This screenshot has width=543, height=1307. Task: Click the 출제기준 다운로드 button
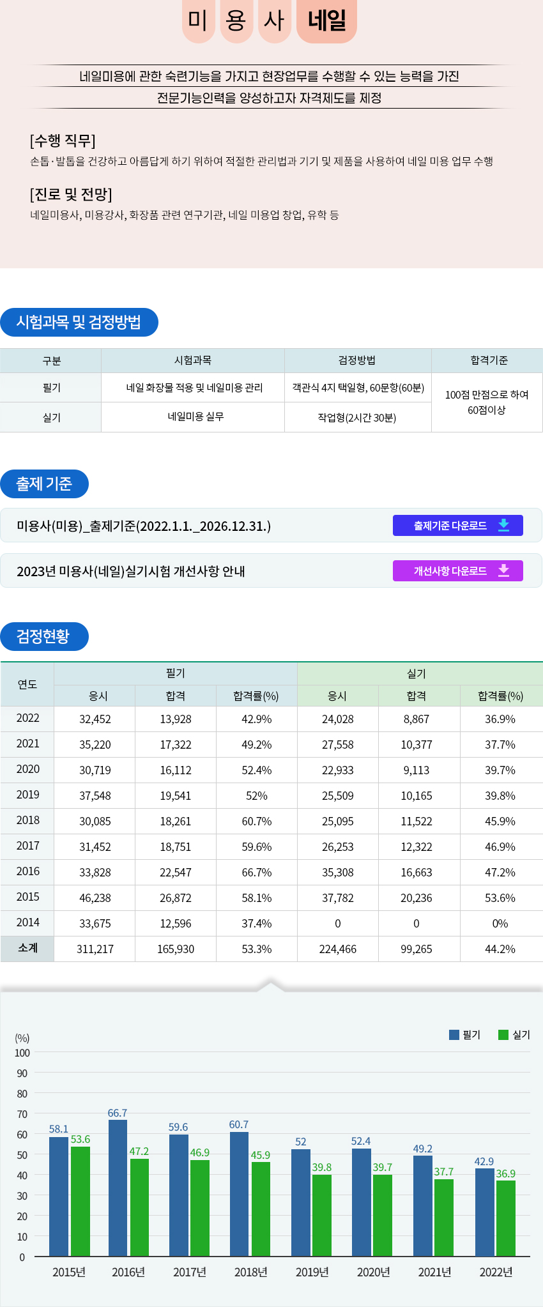point(457,525)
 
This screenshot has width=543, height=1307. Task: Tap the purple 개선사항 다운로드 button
point(457,570)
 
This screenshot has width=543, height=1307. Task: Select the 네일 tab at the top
point(326,20)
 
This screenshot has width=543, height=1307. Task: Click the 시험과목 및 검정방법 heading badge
point(79,322)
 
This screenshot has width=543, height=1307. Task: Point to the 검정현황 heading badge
point(44,636)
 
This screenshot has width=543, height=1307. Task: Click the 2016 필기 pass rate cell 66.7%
point(256,872)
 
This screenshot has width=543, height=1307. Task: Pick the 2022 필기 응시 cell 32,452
point(95,719)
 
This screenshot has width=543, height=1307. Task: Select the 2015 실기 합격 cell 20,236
point(417,898)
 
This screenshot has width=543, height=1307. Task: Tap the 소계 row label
point(27,948)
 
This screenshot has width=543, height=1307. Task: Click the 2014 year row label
point(27,922)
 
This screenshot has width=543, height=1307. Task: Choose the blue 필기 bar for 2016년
point(118,1188)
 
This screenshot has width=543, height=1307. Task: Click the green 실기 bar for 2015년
point(80,1201)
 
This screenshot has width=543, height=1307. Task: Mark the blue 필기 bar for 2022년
point(484,1212)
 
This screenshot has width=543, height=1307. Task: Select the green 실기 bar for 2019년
point(322,1215)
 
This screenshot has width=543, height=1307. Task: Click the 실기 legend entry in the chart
point(514,1034)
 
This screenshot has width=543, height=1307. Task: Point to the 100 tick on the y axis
point(22,1053)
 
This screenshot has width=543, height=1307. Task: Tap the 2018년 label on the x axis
point(250,1272)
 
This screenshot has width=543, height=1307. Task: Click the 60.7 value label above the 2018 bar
point(239,1124)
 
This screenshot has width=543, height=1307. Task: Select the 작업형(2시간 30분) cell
point(357,417)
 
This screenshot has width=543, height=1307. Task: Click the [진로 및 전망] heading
point(71,194)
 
